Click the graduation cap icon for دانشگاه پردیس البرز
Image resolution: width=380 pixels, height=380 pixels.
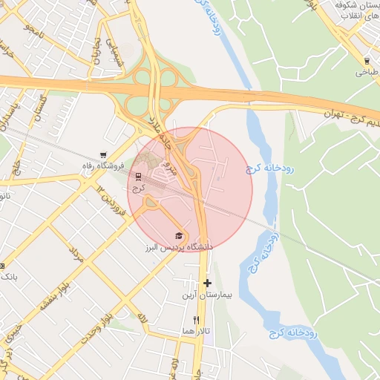coord(177,235)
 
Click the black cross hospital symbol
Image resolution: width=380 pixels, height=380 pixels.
coord(207,283)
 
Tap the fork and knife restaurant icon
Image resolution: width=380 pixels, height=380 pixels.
coord(196,320)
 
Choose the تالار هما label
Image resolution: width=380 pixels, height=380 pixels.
coord(195,330)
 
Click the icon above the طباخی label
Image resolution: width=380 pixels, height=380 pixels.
coord(367,61)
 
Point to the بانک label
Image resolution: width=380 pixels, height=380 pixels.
coord(8,276)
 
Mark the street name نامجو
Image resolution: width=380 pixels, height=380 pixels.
coord(32,33)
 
